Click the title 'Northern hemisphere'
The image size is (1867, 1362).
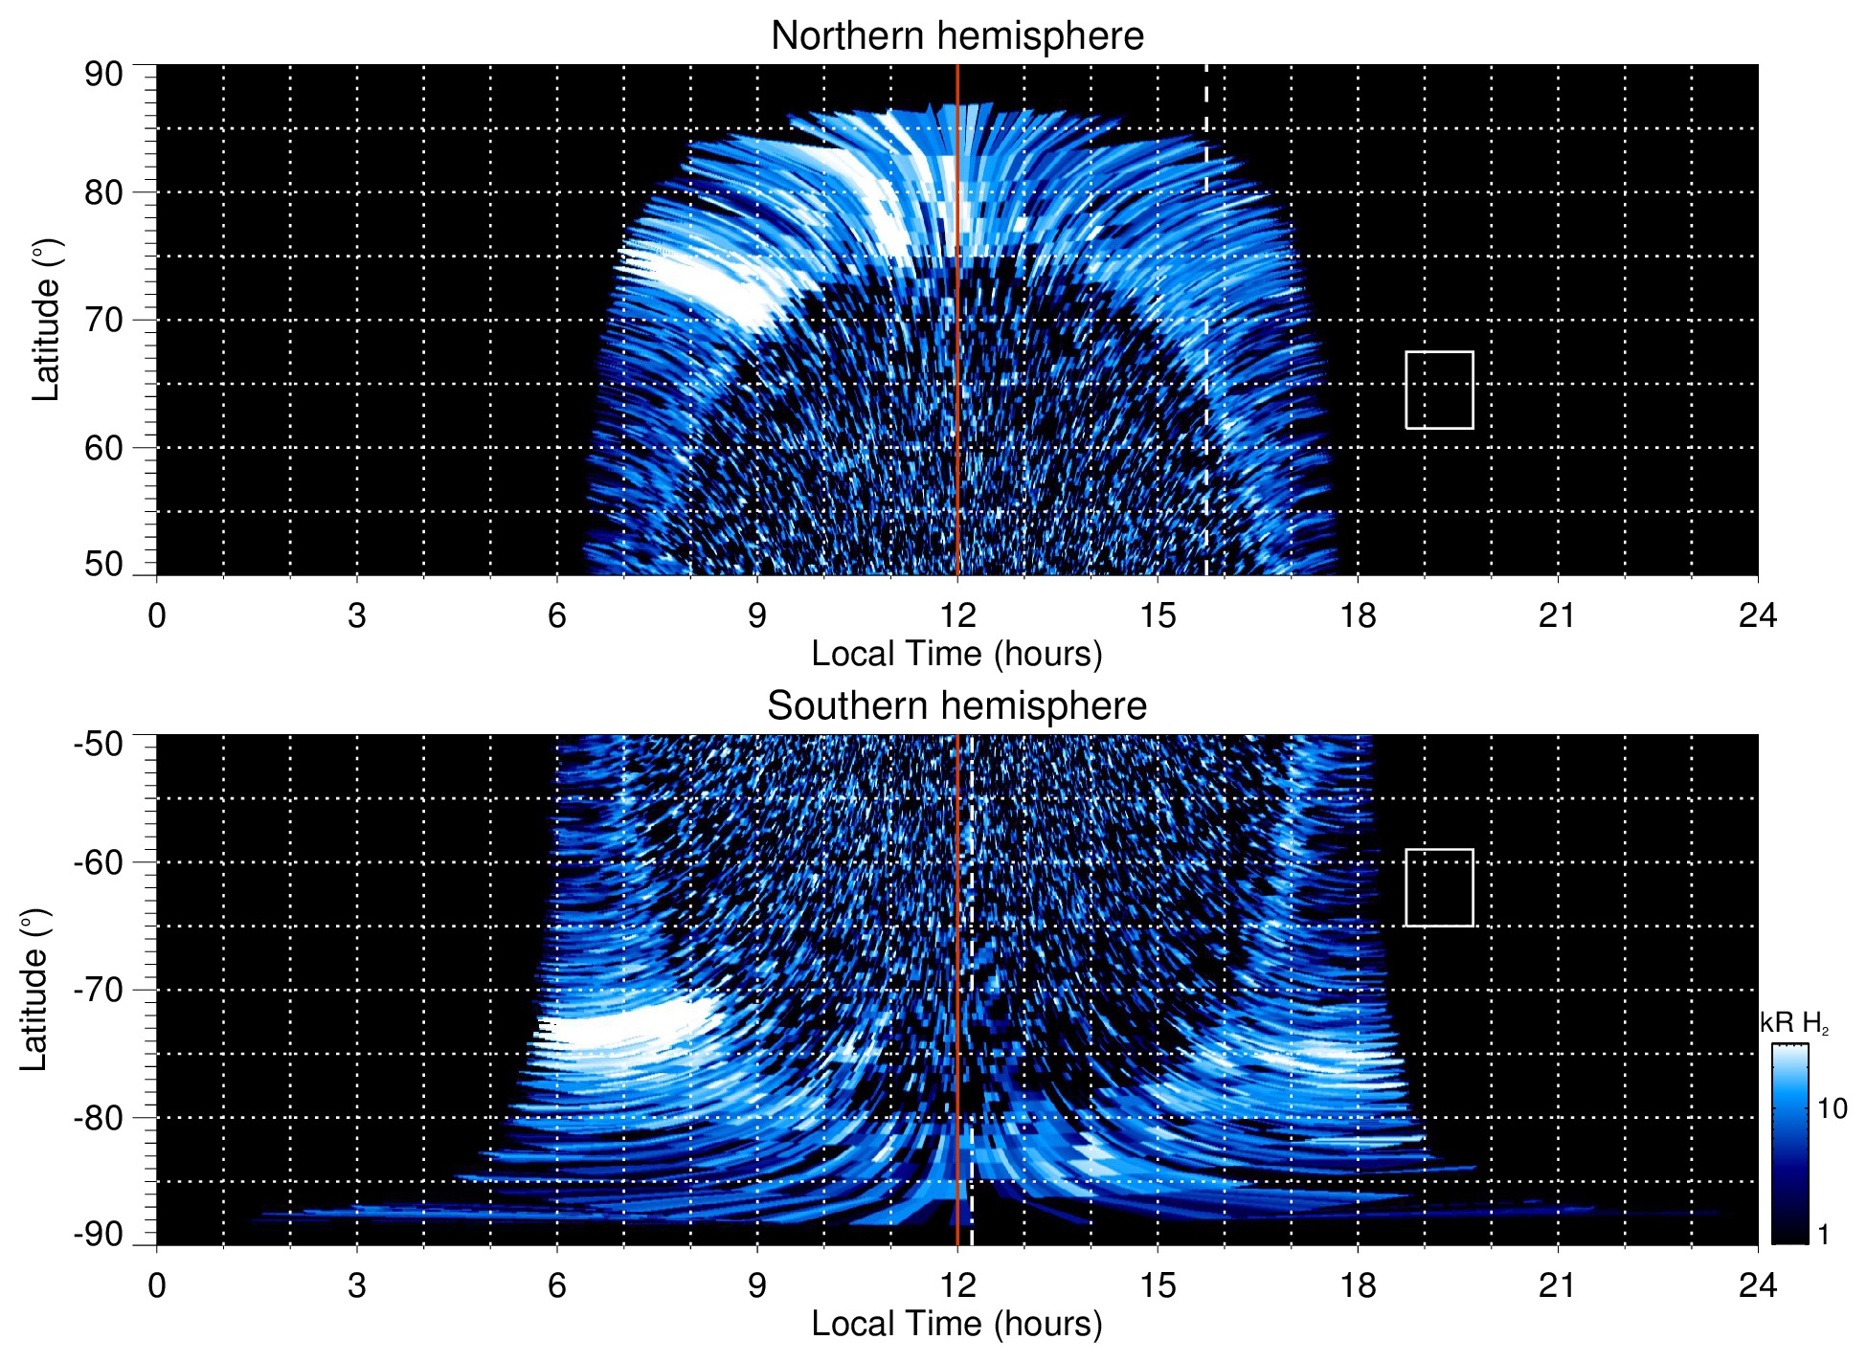click(956, 36)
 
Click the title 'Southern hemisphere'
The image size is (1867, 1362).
click(956, 706)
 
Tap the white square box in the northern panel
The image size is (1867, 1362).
click(1439, 390)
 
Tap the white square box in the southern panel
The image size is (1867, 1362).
click(1439, 887)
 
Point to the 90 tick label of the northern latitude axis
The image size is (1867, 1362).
click(103, 75)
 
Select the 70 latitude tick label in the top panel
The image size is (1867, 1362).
click(103, 320)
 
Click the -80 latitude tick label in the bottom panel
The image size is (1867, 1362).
click(98, 1117)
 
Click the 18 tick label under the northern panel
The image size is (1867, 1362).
click(1358, 615)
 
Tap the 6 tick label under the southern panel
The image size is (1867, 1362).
click(557, 1285)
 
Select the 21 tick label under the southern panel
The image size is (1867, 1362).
click(1558, 1285)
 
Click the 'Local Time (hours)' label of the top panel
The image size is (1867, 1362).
click(956, 654)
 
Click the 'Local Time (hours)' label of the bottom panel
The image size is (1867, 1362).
click(956, 1324)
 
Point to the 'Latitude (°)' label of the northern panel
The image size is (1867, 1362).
click(46, 320)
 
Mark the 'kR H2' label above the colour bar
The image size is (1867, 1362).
click(1793, 1023)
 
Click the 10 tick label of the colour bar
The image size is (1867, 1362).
click(1832, 1108)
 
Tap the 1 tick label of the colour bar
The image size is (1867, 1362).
click(1823, 1235)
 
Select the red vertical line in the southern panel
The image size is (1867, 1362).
click(957, 957)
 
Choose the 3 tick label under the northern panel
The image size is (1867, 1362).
click(357, 615)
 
